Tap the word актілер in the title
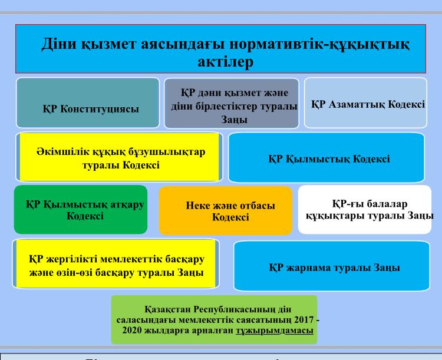221,63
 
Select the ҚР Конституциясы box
87,103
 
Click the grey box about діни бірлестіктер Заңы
230,103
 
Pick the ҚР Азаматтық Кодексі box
365,103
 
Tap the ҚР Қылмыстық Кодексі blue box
326,158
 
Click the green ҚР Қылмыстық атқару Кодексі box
81,209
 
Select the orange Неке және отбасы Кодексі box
226,211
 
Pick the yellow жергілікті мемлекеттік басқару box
117,263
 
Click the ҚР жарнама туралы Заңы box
332,266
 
